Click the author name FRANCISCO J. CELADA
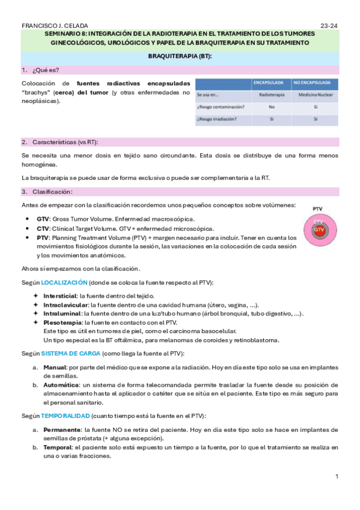point(54,25)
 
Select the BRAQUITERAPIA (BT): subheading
point(180,56)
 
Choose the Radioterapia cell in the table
point(267,94)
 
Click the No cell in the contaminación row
point(267,106)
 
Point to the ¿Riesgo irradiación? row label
point(216,119)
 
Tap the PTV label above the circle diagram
point(318,209)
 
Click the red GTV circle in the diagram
point(319,230)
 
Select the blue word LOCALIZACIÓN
point(64,282)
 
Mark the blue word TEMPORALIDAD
point(65,416)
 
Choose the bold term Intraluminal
point(63,313)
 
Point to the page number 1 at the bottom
point(337,476)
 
